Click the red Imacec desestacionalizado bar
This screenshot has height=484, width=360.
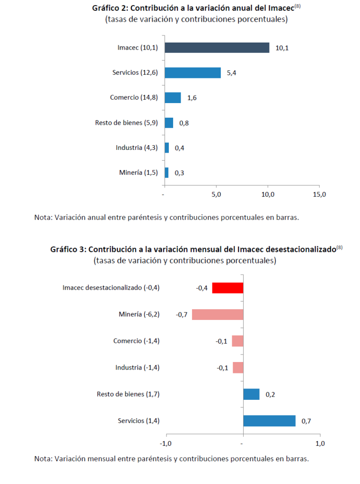coord(228,288)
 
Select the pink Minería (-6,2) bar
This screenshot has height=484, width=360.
coord(218,314)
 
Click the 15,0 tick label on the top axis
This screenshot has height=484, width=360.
coord(319,195)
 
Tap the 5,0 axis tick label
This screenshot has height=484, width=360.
coord(216,195)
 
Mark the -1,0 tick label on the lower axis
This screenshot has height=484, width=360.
coord(166,444)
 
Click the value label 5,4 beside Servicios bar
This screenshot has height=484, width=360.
coord(232,73)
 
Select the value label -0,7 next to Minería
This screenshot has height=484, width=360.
coord(182,314)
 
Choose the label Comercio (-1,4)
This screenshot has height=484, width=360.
coord(136,341)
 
